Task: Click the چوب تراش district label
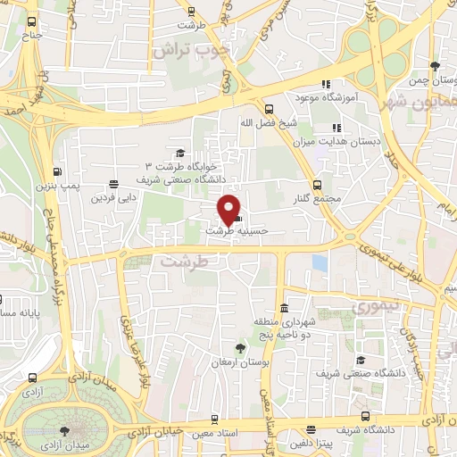pos(191,50)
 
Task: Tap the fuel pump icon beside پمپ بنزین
pos(58,172)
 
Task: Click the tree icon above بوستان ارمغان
pos(240,346)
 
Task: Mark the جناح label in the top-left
pos(32,35)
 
